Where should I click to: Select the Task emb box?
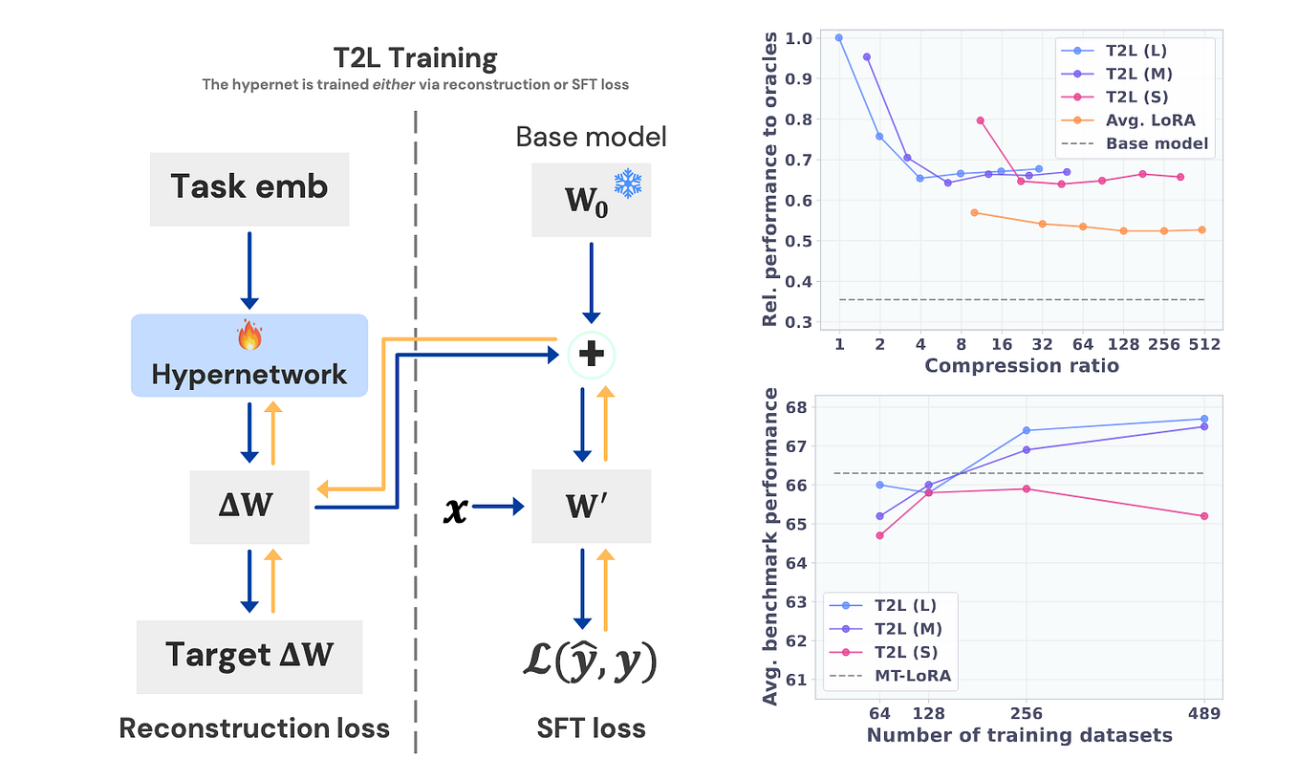[249, 186]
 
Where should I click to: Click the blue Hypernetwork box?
[249, 356]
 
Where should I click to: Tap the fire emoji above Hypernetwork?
[249, 335]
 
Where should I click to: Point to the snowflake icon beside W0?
[627, 184]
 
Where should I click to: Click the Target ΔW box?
[249, 656]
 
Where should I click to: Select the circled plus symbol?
[592, 355]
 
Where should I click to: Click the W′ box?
[592, 507]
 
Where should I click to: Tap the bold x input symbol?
[457, 509]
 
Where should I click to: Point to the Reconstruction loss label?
[254, 728]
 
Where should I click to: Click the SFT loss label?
[592, 728]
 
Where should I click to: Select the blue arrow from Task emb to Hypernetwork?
[249, 270]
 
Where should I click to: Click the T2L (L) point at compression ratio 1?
[839, 38]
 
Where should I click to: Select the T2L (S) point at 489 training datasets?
[1204, 516]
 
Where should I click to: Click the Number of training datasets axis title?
[1019, 735]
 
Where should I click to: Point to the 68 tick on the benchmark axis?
[796, 407]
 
